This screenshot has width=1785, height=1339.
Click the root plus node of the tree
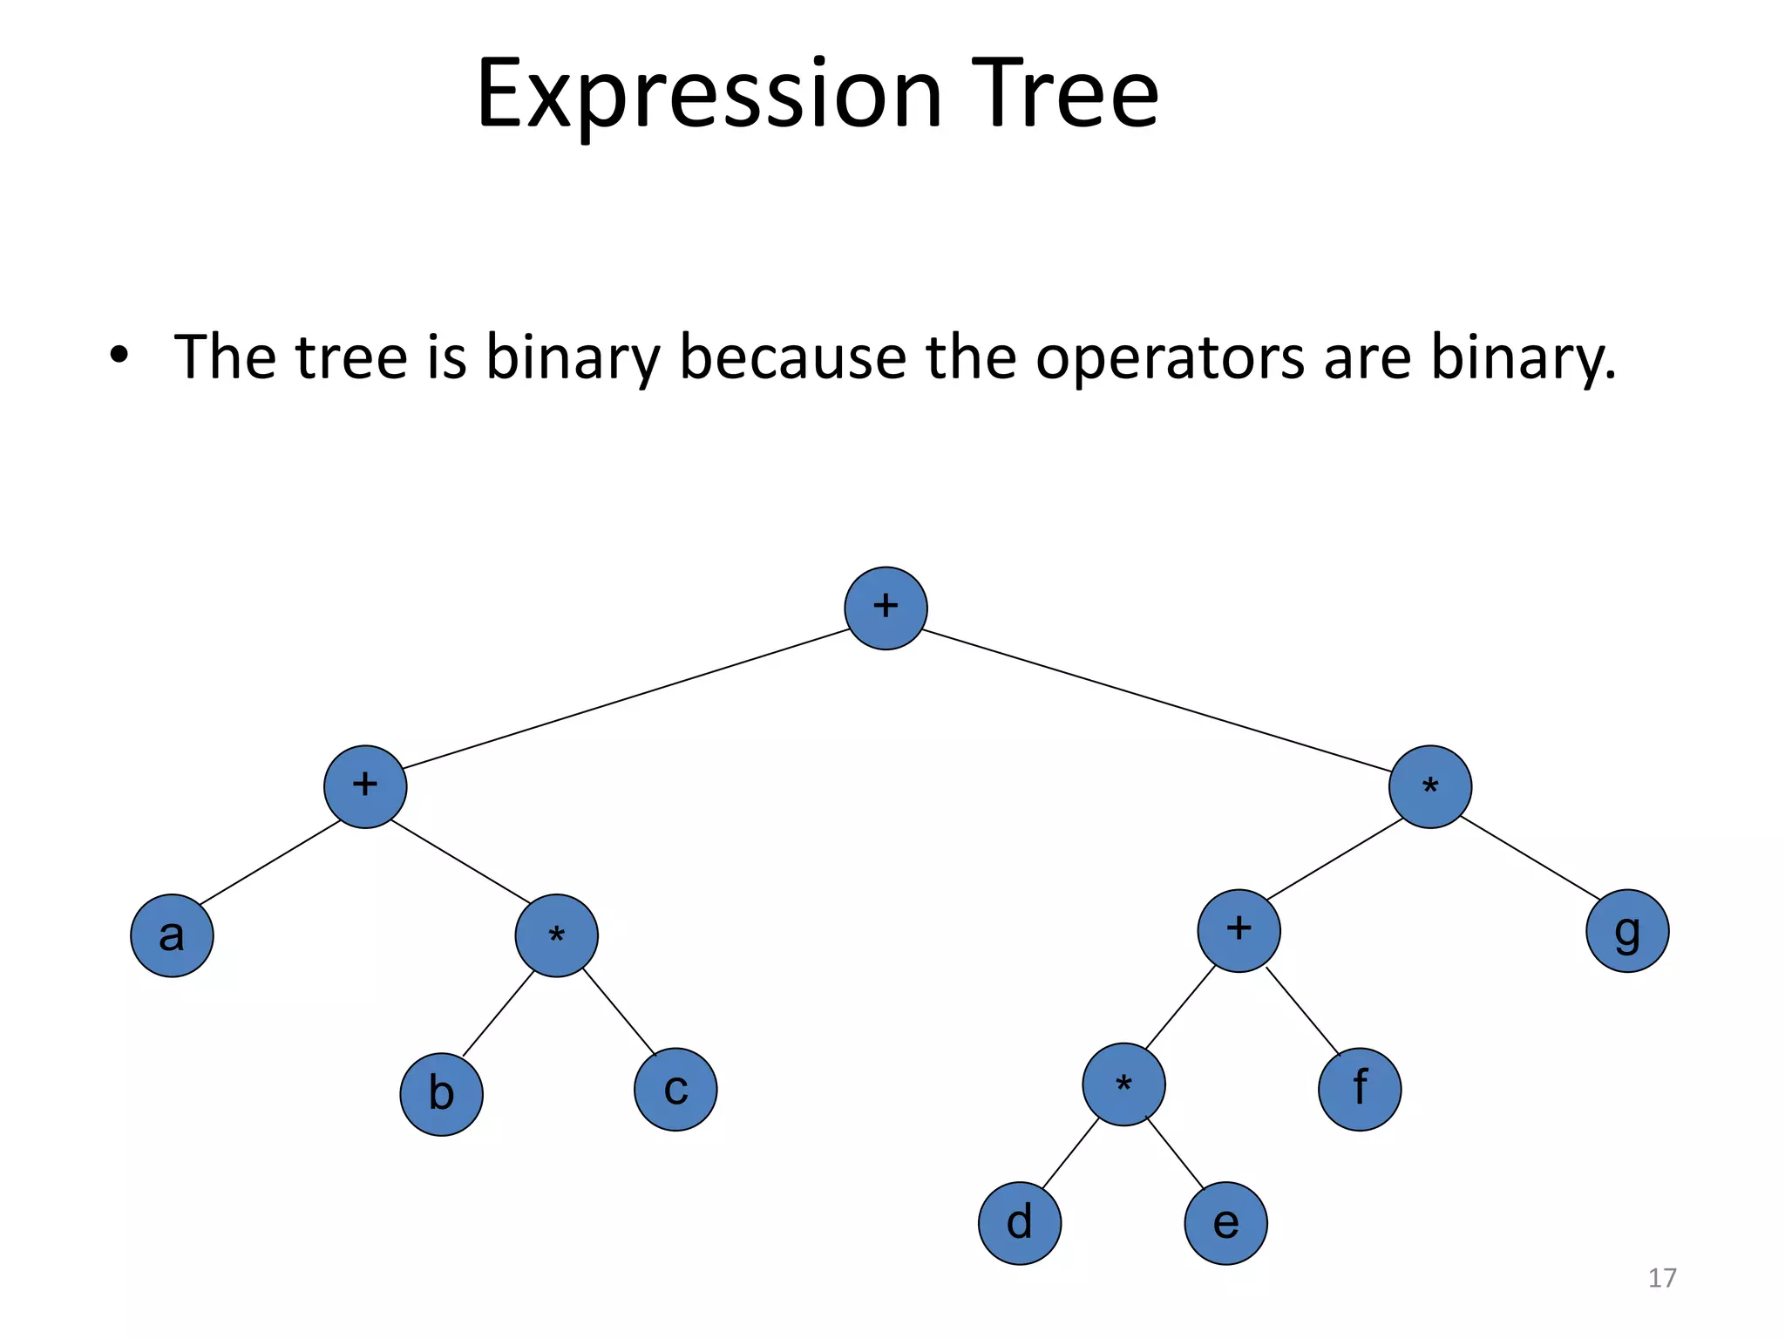click(x=886, y=608)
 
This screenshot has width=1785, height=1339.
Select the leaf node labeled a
click(x=172, y=935)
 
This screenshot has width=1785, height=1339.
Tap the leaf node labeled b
click(x=441, y=1094)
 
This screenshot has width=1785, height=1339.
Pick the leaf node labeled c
click(x=675, y=1090)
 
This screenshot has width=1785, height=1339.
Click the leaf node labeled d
click(x=1020, y=1223)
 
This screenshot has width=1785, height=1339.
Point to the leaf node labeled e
click(x=1225, y=1223)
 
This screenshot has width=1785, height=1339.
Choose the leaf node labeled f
click(x=1360, y=1090)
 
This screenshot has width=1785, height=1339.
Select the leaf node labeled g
click(x=1627, y=931)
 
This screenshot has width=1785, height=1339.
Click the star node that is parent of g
click(x=1430, y=787)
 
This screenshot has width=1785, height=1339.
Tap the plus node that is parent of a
click(x=365, y=787)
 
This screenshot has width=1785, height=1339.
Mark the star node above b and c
click(x=556, y=935)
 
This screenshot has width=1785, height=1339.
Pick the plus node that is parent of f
click(x=1239, y=931)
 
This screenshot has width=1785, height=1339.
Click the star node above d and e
click(x=1123, y=1084)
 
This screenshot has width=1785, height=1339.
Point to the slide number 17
click(x=1662, y=1278)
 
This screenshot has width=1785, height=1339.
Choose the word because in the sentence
click(x=792, y=357)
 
